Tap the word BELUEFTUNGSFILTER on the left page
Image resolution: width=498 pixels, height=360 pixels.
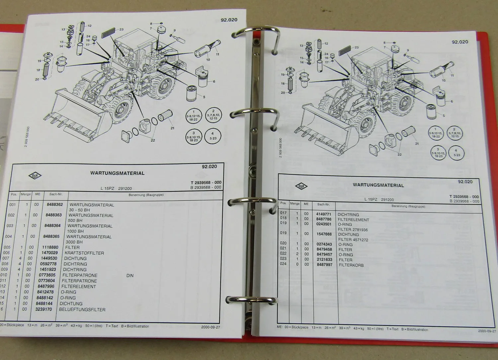click(82, 310)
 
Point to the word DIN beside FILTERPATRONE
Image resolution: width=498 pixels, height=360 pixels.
click(130, 276)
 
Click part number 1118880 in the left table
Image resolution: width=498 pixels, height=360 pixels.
click(50, 247)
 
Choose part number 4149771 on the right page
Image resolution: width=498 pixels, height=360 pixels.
click(324, 215)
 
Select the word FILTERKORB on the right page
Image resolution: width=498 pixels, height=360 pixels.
click(351, 265)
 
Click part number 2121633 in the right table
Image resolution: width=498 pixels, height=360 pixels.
click(324, 260)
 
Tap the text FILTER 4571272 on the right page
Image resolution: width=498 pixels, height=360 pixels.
click(353, 240)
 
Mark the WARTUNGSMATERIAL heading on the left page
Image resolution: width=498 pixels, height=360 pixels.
click(117, 173)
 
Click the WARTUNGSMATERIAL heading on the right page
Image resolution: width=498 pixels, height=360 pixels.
click(378, 185)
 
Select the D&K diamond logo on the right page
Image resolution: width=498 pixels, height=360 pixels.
click(301, 187)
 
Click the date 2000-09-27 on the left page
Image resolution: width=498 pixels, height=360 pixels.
click(210, 327)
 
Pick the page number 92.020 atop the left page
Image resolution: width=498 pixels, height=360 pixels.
click(229, 20)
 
